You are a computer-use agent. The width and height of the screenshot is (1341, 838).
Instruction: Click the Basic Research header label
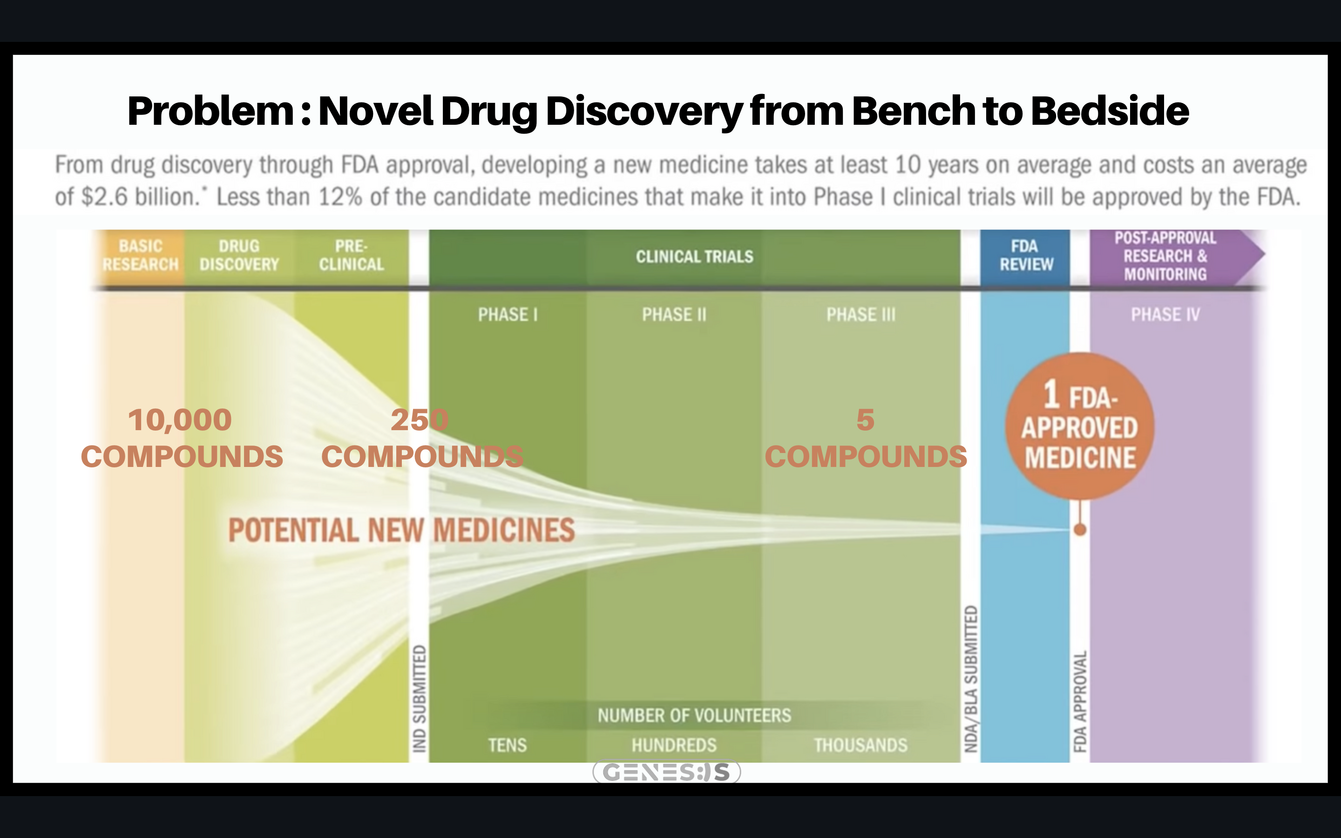click(x=140, y=256)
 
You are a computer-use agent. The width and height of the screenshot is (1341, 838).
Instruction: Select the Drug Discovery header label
click(x=239, y=256)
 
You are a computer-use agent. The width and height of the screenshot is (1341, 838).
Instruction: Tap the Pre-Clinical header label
click(x=352, y=256)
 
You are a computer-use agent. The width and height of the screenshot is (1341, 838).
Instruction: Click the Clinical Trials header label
click(x=694, y=257)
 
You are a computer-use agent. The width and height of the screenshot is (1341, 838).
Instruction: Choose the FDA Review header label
click(x=1026, y=256)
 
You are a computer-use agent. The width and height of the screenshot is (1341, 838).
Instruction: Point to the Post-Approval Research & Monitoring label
click(x=1165, y=256)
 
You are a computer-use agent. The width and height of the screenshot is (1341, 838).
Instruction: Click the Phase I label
click(x=508, y=315)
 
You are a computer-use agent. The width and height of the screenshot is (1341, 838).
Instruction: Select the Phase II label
click(x=674, y=315)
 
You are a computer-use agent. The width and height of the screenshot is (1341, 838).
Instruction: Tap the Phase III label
click(x=860, y=315)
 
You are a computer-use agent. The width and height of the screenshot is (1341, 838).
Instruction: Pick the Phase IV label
click(x=1165, y=315)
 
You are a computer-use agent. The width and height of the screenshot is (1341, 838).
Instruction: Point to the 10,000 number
click(x=180, y=420)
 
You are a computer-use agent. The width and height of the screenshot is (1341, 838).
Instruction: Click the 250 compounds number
click(x=420, y=420)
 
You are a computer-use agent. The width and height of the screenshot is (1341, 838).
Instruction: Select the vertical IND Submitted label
click(x=420, y=698)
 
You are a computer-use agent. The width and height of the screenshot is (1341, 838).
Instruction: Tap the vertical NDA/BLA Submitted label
click(x=970, y=678)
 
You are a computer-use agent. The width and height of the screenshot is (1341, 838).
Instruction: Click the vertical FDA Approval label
click(x=1079, y=701)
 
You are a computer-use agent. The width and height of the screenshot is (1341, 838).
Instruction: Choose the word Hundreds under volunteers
click(x=674, y=745)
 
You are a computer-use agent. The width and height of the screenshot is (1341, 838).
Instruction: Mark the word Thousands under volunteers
click(x=860, y=745)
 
